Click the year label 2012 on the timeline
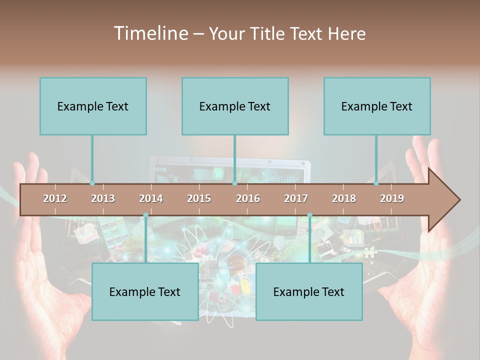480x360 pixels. pos(55,198)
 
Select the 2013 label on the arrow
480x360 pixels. pos(103,198)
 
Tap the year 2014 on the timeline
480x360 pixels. pos(151,198)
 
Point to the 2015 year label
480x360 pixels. pos(199,198)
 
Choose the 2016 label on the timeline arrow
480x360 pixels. pos(248,198)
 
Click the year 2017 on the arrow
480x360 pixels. pos(296,198)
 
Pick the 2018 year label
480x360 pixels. pos(344,198)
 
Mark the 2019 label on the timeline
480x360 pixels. pos(392,198)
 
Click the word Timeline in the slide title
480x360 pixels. pos(150,33)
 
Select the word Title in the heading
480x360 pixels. pos(269,34)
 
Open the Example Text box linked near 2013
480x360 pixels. pos(93,106)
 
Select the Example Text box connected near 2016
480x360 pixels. pos(235,106)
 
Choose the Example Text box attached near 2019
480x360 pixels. pos(377,106)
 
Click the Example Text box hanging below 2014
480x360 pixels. pos(145,292)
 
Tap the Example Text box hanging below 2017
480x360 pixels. pos(309,292)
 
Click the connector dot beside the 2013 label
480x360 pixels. pos(92,183)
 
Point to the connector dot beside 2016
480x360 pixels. pos(234,183)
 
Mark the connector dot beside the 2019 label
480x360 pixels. pos(376,183)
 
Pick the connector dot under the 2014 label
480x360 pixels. pos(145,215)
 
